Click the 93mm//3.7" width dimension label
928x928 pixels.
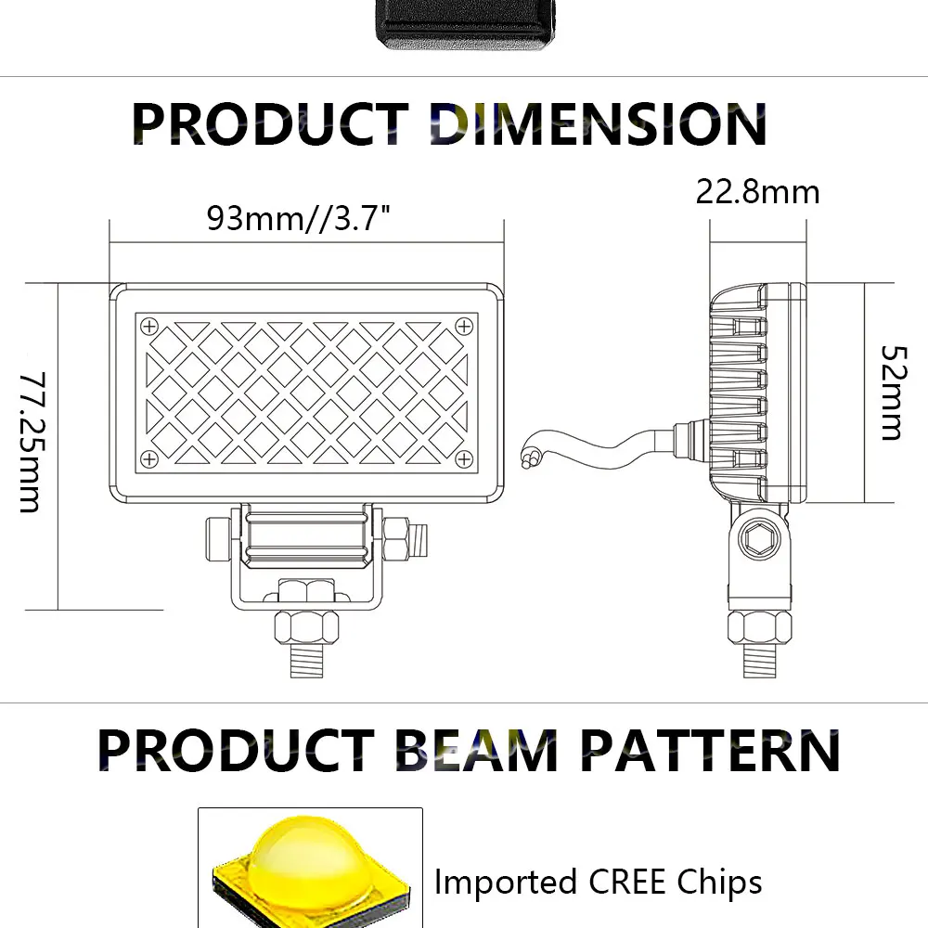click(299, 218)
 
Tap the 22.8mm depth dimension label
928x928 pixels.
click(757, 192)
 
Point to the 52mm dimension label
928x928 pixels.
click(894, 393)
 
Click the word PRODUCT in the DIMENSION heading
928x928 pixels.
click(270, 124)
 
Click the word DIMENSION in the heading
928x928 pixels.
click(599, 124)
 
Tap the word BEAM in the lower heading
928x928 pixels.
click(476, 750)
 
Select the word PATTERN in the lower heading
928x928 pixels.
click(710, 750)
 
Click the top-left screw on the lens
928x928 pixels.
click(149, 326)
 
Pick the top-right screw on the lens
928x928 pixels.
click(464, 326)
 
